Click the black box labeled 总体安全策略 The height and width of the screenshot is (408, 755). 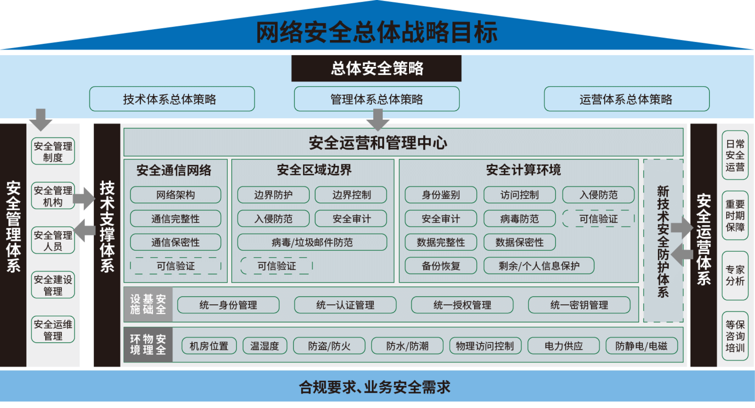click(376, 68)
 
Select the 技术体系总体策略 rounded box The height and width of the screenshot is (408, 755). click(172, 99)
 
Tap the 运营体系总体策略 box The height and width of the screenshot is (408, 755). click(627, 99)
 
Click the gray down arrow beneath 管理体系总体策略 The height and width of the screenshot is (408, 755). click(378, 120)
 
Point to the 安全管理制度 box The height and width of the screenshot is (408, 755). click(53, 151)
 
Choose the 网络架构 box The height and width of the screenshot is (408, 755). click(176, 195)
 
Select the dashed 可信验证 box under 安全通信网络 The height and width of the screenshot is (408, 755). click(176, 266)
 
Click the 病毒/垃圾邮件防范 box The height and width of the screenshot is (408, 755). click(312, 242)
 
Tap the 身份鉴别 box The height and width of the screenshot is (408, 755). click(441, 195)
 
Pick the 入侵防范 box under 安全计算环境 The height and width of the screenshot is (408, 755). click(598, 195)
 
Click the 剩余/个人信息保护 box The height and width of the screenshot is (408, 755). click(539, 266)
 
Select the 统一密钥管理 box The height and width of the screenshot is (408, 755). click(579, 305)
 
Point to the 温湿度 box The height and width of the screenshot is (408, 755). click(265, 346)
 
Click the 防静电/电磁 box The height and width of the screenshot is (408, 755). click(642, 346)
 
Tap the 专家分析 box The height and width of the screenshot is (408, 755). click(735, 276)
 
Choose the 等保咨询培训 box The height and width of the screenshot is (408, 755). click(735, 336)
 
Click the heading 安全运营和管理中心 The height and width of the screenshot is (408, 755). click(378, 143)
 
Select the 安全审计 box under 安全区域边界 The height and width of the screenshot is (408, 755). click(351, 218)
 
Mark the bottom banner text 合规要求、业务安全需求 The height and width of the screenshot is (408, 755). click(375, 387)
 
